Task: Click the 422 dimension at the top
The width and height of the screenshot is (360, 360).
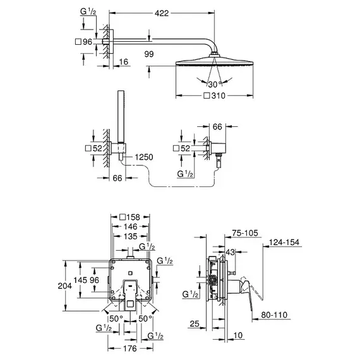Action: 162,13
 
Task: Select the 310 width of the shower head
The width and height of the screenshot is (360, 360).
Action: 219,95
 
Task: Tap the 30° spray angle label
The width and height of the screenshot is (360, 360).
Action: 215,84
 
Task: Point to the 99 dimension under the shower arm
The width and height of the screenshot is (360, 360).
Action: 149,54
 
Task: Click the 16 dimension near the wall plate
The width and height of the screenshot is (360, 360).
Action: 124,62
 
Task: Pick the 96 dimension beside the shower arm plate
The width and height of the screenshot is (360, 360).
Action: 88,42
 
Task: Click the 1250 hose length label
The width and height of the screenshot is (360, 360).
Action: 144,157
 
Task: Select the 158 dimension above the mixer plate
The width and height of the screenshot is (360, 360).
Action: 133,217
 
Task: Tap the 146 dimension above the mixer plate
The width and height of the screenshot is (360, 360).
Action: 130,227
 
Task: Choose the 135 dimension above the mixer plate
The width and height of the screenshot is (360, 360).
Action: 130,236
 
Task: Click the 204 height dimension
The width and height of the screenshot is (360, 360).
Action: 65,286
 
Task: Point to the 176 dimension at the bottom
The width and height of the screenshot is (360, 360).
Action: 130,348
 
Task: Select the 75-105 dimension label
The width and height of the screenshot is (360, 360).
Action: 245,233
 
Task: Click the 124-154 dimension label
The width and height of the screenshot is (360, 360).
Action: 284,243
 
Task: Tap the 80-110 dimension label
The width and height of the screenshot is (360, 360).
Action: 274,315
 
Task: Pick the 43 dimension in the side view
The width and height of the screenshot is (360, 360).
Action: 231,252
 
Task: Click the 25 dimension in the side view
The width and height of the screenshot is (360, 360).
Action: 195,324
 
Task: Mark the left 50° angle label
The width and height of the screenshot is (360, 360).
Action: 116,319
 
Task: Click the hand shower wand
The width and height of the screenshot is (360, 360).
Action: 121,116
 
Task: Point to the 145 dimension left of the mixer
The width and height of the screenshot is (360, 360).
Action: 80,280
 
